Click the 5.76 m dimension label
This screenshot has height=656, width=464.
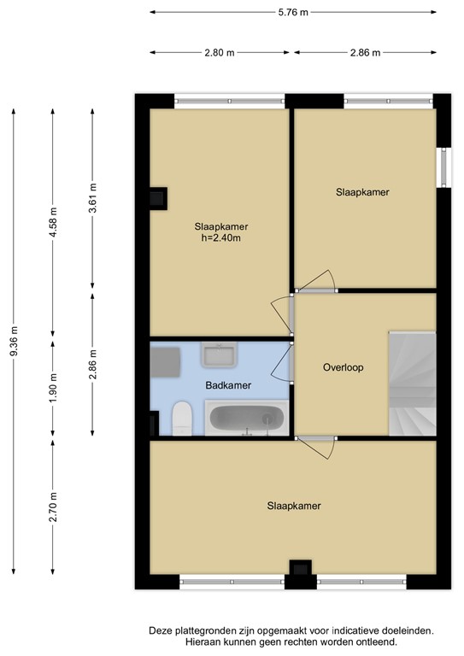point(293,12)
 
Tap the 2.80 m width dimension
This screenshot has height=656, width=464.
point(220,53)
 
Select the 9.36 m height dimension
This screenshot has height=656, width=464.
point(14,342)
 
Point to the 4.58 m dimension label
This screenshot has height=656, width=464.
point(53,222)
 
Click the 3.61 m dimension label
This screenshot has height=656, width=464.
point(92,198)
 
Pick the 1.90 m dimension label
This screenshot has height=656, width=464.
point(53,388)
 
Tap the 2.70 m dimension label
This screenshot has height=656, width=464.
point(53,507)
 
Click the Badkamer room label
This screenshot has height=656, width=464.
point(228,385)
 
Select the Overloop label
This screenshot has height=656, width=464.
point(343,367)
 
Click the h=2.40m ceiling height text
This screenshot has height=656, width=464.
point(221,238)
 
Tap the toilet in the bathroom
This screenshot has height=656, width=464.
point(181,419)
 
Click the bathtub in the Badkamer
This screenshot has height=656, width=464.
point(247,418)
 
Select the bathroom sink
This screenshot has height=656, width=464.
point(219,354)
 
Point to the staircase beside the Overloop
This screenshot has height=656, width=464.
point(413,384)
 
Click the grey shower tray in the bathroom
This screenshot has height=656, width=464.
point(165,362)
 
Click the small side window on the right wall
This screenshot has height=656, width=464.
point(443,167)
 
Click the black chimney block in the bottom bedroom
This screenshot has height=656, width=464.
point(301,568)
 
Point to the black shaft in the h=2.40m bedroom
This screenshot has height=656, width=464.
point(159,198)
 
